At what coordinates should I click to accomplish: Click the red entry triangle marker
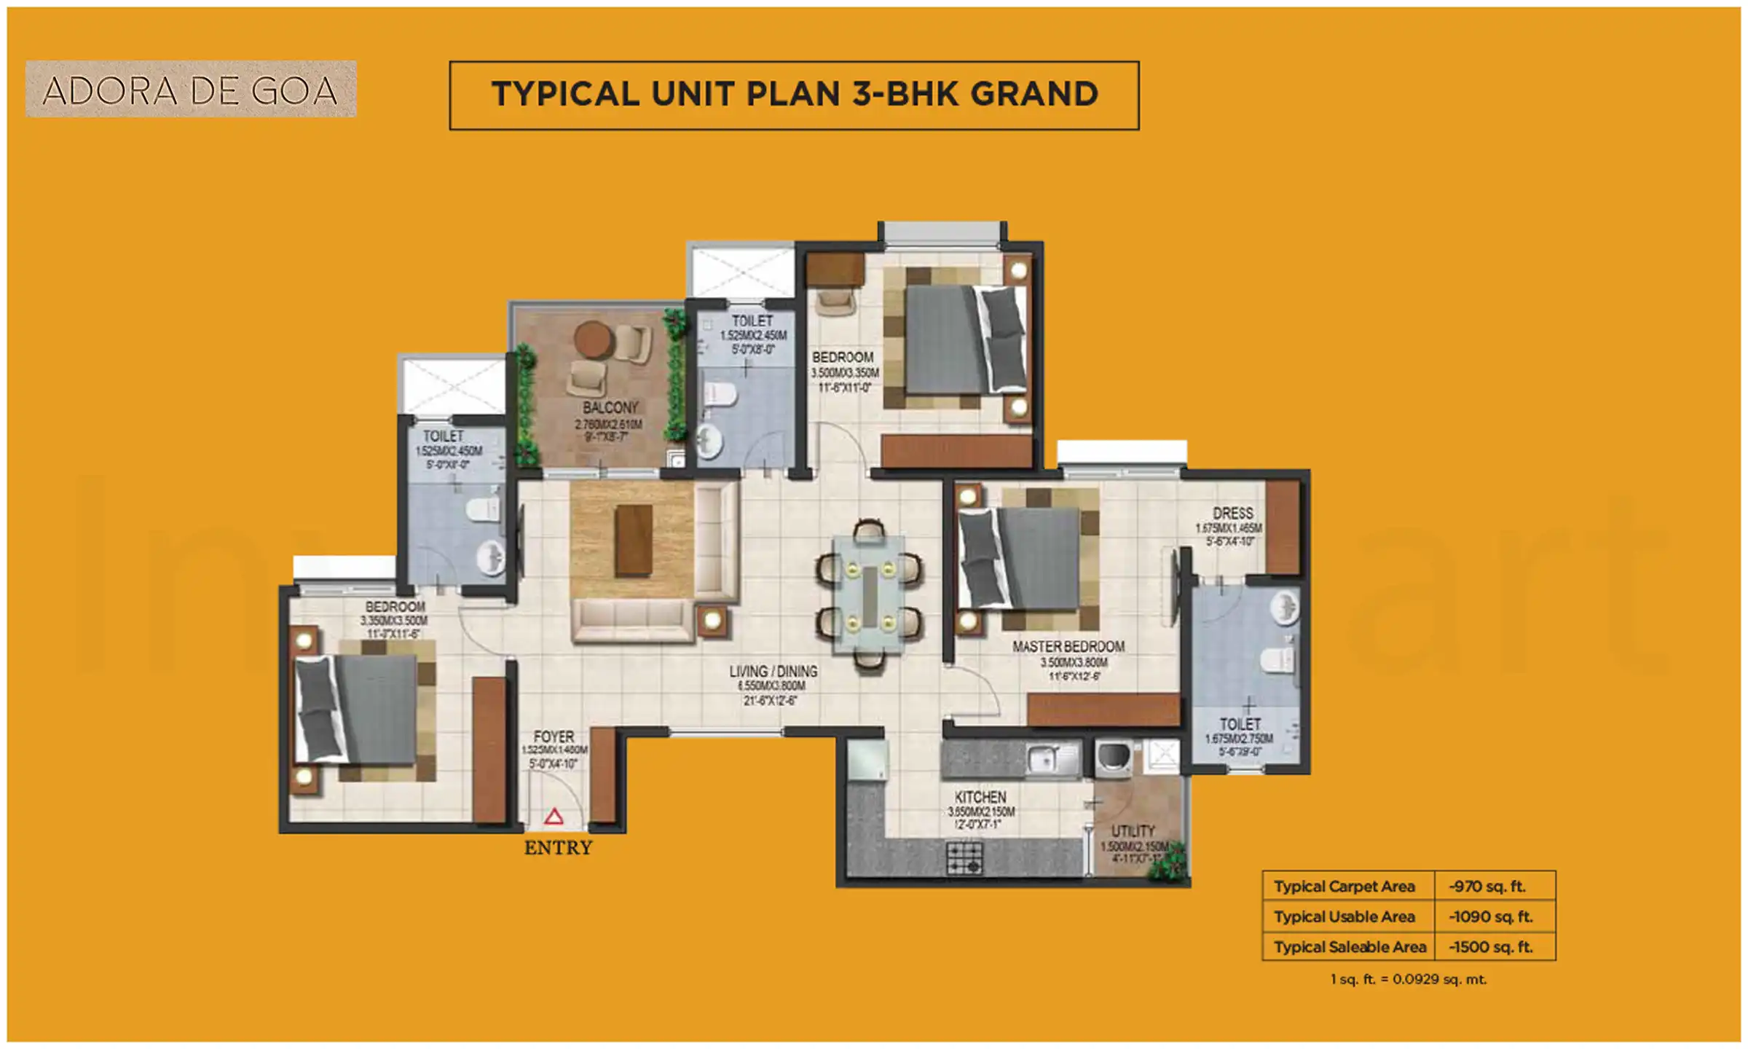tap(554, 817)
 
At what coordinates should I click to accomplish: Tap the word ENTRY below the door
tap(558, 848)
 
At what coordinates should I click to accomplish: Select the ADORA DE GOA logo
tap(191, 90)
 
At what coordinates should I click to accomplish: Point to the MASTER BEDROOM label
tap(1068, 647)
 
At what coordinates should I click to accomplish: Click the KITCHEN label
tap(980, 798)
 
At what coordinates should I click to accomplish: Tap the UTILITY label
tap(1133, 831)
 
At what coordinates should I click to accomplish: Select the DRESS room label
tap(1232, 514)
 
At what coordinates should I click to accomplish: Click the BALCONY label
tap(610, 408)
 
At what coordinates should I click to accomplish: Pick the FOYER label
tap(554, 737)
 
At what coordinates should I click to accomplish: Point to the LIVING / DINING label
tap(773, 672)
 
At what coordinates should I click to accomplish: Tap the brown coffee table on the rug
tap(633, 541)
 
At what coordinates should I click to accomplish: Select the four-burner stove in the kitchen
tap(964, 858)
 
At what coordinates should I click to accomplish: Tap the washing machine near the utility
tap(1114, 758)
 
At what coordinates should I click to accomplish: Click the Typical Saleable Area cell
tap(1349, 947)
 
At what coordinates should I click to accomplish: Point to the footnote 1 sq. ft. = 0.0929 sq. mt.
tap(1408, 980)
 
